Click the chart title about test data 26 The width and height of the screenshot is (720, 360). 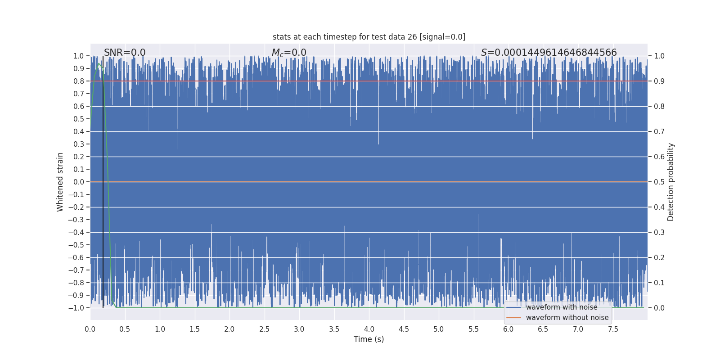point(369,37)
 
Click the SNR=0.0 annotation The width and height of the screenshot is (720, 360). point(125,53)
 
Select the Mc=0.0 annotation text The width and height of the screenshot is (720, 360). point(289,53)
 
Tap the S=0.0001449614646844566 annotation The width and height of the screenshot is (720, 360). point(549,53)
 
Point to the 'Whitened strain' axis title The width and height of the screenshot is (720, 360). point(60,182)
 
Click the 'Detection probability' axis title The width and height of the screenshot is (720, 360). point(671,182)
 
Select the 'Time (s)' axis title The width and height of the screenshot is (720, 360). point(369,339)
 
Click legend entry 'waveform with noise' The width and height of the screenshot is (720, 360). point(561,307)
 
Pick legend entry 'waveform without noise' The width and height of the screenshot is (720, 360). point(567,318)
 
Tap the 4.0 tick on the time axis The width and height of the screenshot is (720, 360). point(369,329)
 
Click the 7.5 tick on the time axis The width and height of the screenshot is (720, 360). point(613,329)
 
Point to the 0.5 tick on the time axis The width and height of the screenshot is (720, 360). point(125,329)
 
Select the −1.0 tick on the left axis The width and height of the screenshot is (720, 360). point(76,308)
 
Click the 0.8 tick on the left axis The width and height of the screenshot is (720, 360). point(79,81)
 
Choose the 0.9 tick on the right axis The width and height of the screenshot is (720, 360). point(659,81)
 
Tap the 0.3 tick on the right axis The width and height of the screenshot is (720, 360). point(659,232)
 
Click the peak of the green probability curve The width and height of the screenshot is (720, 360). point(99,64)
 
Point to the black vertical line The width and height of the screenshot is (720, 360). point(103,180)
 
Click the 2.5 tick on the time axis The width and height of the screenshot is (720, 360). point(264,329)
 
